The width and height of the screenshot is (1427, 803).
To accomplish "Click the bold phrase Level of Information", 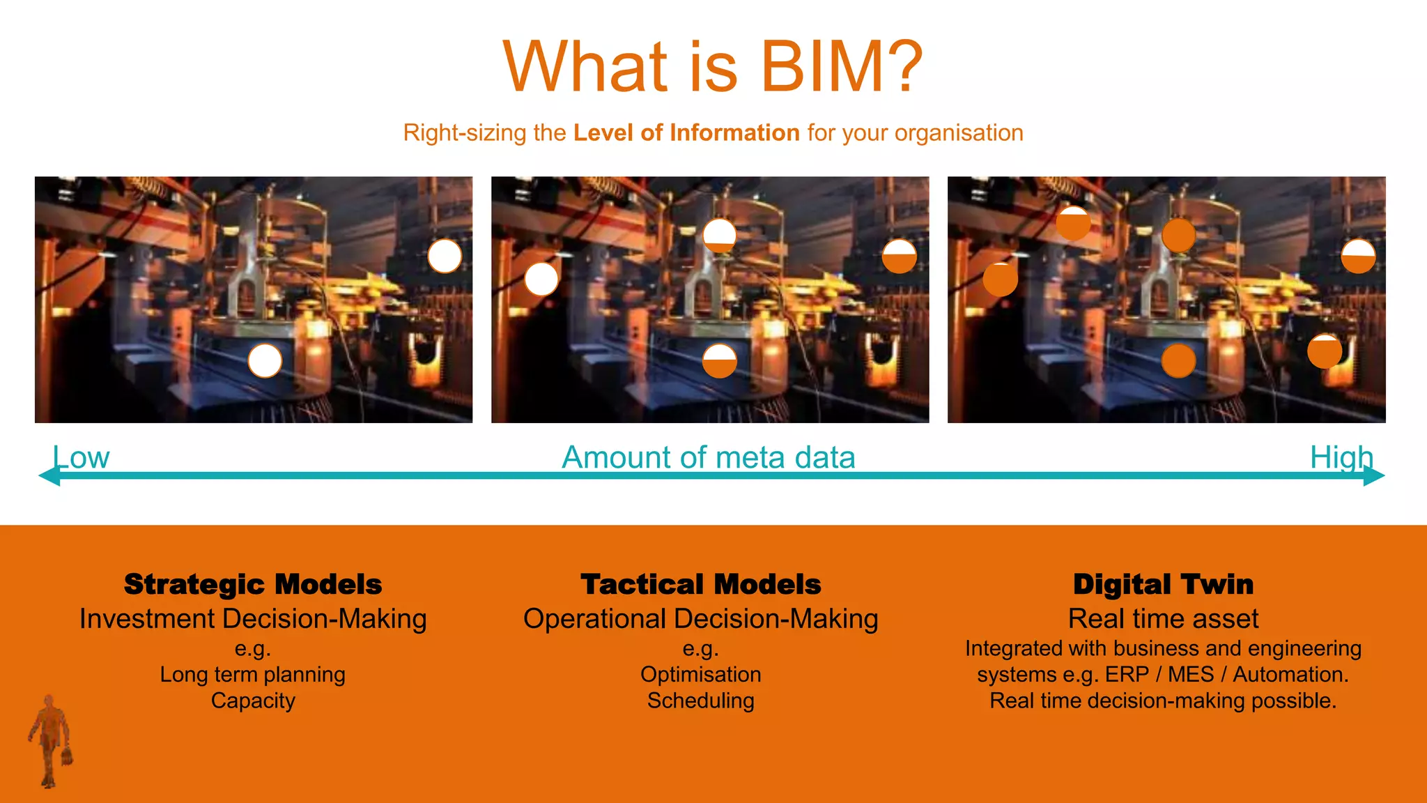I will (x=686, y=132).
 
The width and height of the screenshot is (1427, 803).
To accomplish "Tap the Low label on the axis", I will (x=82, y=457).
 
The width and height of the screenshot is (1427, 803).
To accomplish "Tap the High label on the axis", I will (x=1341, y=457).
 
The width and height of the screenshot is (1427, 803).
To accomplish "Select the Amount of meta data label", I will (x=709, y=457).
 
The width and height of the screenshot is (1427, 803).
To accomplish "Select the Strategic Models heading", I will (x=253, y=584).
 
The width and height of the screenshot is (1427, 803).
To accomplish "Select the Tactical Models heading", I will (x=701, y=584).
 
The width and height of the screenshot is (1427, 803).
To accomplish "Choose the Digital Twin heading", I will (x=1163, y=584).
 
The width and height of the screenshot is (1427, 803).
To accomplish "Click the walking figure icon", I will (x=50, y=740).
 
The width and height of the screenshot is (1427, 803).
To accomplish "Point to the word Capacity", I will (x=253, y=701).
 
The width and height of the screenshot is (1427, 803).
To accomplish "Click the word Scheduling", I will (x=701, y=701).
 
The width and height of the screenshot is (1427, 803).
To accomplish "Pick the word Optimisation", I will (x=701, y=674).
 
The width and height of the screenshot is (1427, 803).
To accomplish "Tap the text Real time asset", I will (x=1163, y=619).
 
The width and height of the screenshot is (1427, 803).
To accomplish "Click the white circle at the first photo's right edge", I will (x=445, y=257).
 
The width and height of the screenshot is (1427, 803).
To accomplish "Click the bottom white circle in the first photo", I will (x=265, y=361).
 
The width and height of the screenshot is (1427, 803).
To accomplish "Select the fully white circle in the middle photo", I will (x=541, y=280).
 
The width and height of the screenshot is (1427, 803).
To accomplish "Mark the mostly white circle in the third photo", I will (x=1358, y=257).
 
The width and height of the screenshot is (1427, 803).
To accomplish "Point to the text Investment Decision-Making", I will (x=253, y=619).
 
